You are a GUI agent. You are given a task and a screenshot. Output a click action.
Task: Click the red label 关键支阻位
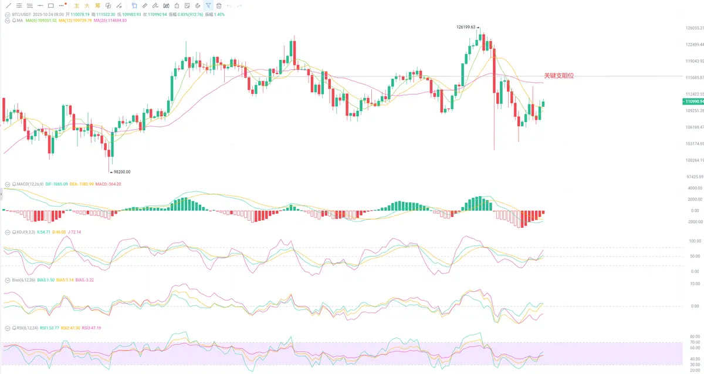559,76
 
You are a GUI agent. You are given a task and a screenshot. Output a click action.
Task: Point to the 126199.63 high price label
467,27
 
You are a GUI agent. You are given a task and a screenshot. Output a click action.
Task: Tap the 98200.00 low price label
121,172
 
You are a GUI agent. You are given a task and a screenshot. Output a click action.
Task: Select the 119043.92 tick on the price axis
694,61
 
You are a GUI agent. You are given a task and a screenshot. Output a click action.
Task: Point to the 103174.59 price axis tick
694,144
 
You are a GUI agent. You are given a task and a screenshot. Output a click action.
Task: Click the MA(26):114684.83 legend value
110,21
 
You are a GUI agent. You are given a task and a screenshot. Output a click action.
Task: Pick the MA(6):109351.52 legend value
41,21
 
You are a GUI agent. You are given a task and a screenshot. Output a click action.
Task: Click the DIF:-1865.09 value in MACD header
57,184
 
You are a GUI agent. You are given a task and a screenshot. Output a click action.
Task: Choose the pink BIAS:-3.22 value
84,280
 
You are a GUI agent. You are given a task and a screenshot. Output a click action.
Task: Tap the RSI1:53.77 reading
49,328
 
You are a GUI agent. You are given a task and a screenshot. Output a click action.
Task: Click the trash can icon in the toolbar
219,5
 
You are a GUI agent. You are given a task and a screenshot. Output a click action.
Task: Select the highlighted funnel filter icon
208,5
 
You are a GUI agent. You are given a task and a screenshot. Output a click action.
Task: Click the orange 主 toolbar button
76,5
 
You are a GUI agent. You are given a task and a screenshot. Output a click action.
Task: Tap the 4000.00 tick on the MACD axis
695,188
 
